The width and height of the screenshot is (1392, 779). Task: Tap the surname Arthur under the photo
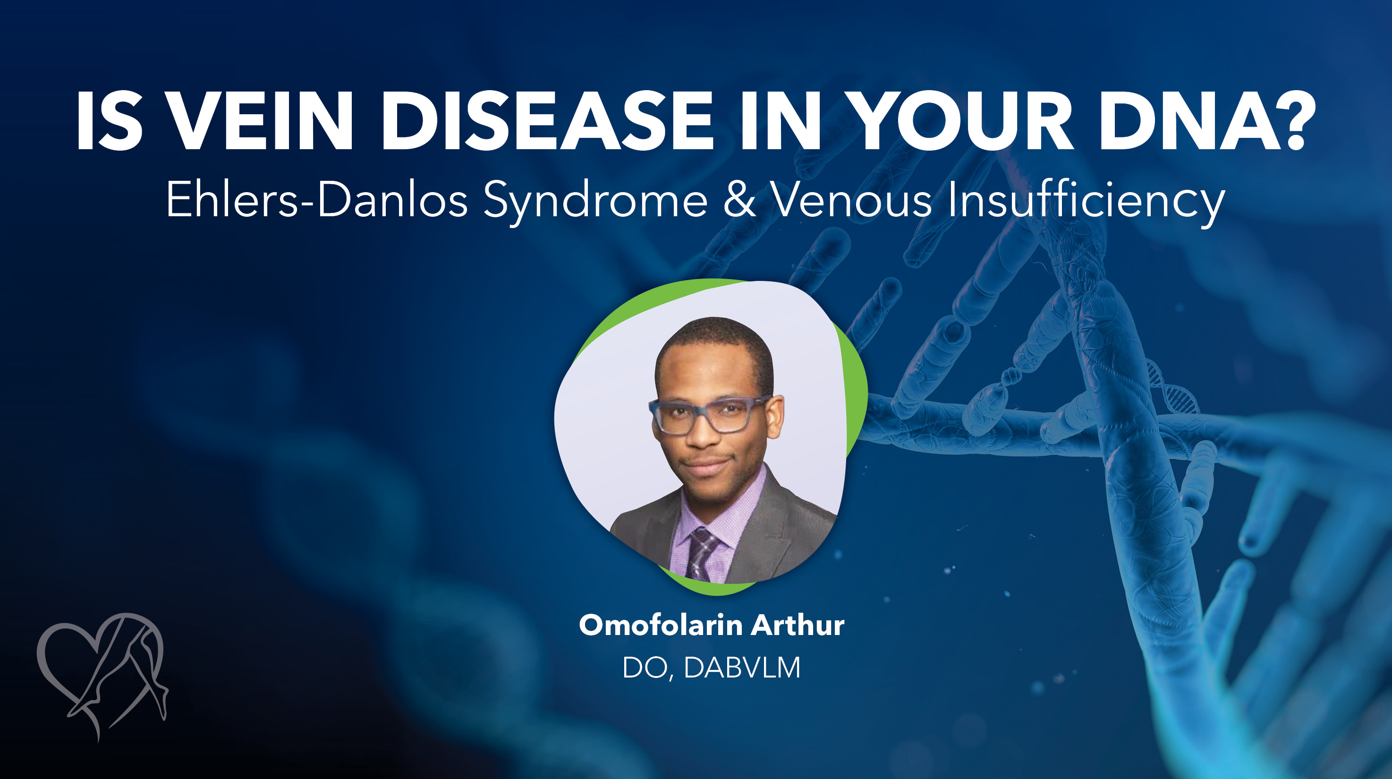click(x=798, y=625)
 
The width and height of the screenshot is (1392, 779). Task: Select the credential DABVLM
click(x=741, y=668)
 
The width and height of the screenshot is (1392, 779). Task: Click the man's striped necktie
click(x=701, y=554)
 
